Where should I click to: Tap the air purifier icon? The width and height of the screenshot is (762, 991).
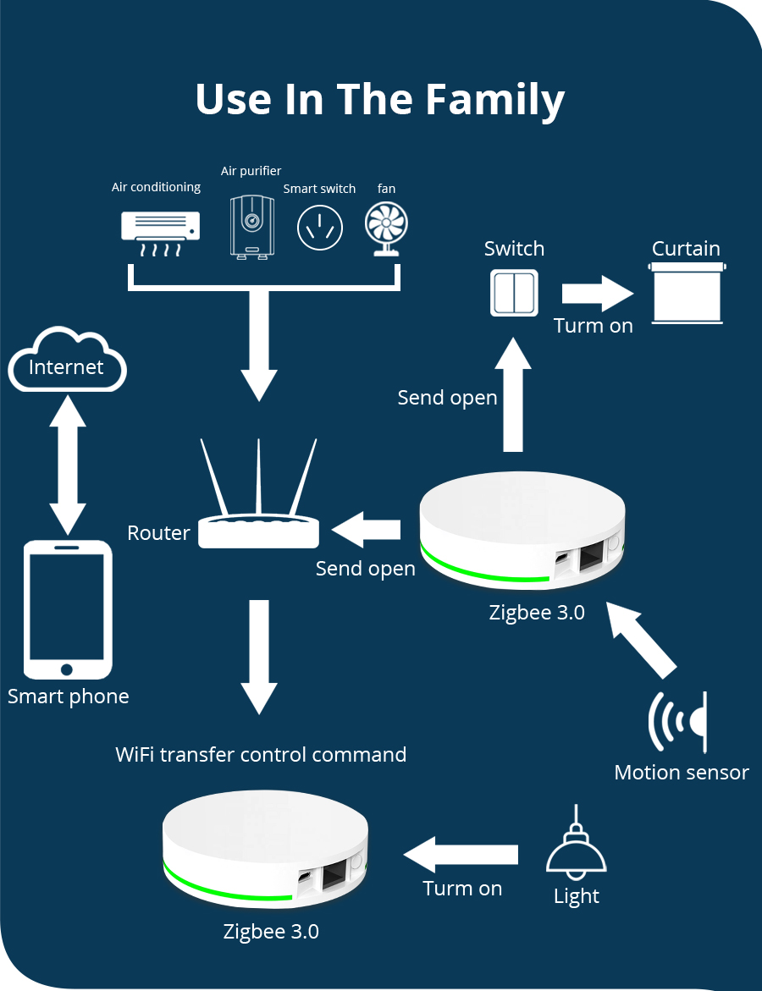click(x=251, y=225)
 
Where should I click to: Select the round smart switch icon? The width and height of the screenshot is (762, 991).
click(x=320, y=227)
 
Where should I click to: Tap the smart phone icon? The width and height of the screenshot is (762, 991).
click(x=67, y=609)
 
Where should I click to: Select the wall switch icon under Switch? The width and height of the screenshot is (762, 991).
click(x=514, y=293)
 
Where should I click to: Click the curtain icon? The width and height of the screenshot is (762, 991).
click(x=687, y=293)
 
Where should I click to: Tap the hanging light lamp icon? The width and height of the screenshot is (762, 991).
click(x=577, y=856)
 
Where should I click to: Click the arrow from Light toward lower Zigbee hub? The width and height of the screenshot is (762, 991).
click(x=461, y=855)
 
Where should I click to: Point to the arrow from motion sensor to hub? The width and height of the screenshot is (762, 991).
click(x=643, y=639)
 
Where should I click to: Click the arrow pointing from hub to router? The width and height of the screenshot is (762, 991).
click(x=366, y=530)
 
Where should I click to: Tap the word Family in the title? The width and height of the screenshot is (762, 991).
click(x=494, y=100)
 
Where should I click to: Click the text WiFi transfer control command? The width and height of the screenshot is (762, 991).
click(x=261, y=754)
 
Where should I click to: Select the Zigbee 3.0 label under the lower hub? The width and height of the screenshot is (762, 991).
click(x=271, y=932)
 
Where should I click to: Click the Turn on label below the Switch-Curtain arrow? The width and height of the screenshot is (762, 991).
click(x=593, y=326)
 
